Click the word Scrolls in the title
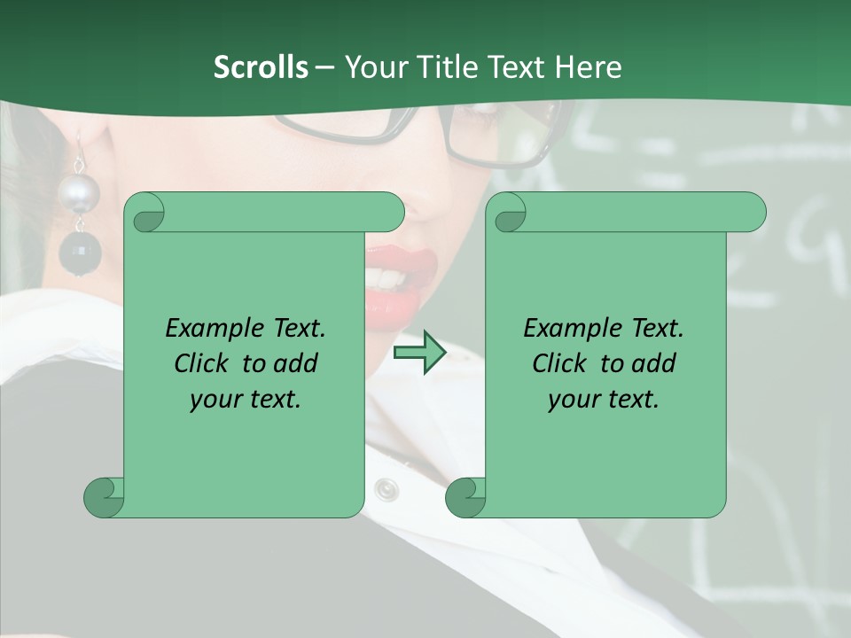pyautogui.click(x=261, y=67)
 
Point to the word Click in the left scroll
pyautogui.click(x=202, y=363)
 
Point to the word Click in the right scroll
pyautogui.click(x=560, y=363)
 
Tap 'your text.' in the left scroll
pyautogui.click(x=245, y=399)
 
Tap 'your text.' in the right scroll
pyautogui.click(x=603, y=399)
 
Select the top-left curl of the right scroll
pyautogui.click(x=508, y=213)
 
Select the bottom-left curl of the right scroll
pyautogui.click(x=465, y=496)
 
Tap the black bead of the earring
pyautogui.click(x=80, y=253)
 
